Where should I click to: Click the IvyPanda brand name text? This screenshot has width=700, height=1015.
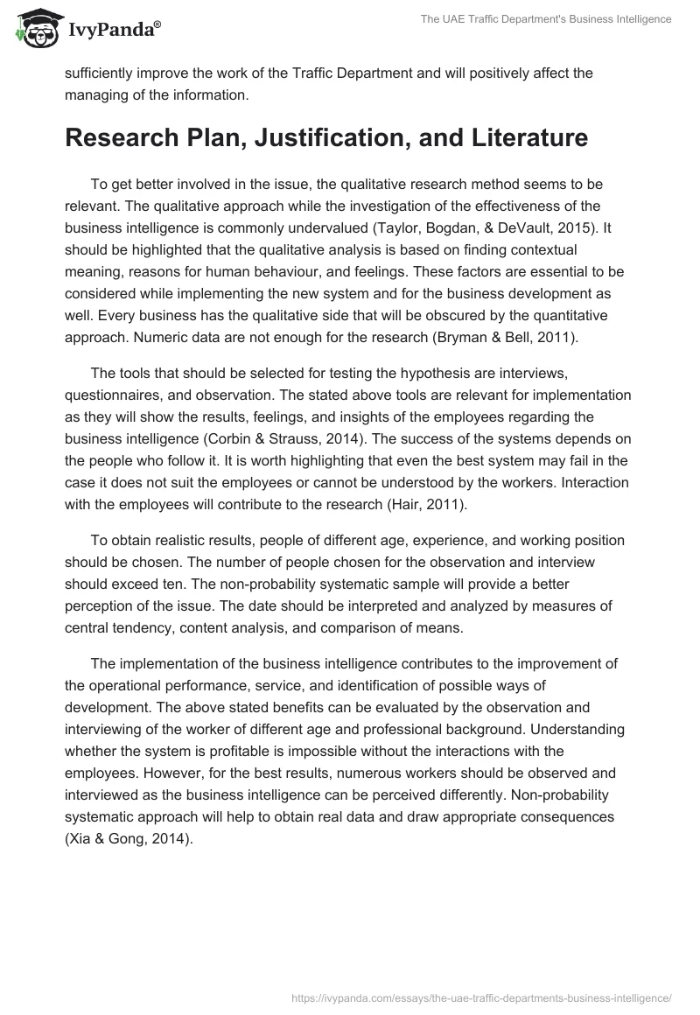pyautogui.click(x=111, y=29)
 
